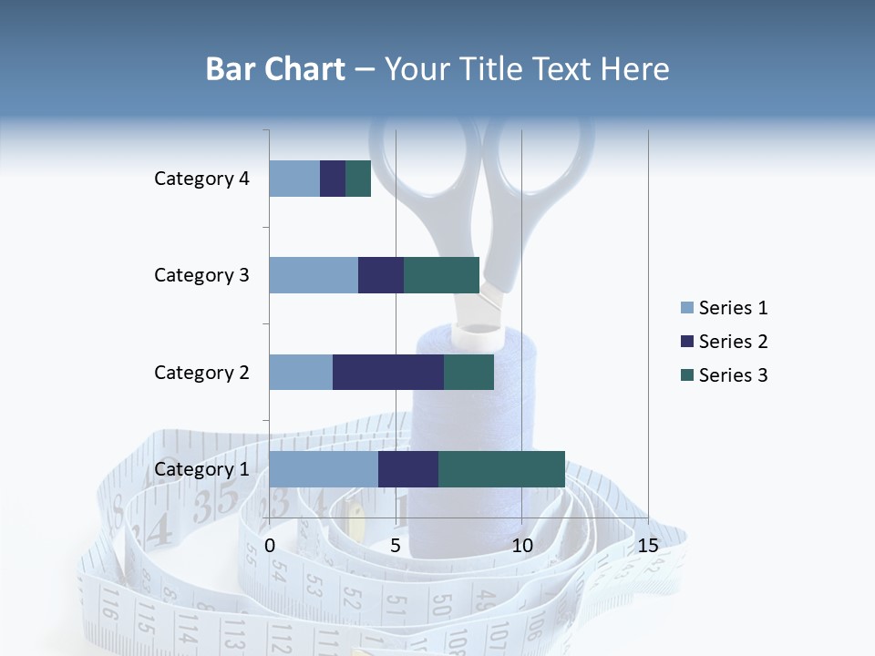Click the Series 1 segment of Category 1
(324, 469)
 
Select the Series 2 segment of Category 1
(408, 469)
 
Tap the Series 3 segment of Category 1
(501, 469)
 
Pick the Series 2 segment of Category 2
(388, 372)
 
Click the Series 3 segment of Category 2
(468, 372)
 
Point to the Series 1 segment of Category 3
(314, 275)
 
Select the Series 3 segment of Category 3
(441, 275)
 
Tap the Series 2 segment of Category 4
(333, 179)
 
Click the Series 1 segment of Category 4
(294, 179)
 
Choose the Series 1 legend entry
(725, 308)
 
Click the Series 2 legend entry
(725, 342)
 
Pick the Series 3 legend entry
(725, 375)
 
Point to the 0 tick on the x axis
(270, 546)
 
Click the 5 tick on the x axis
(396, 546)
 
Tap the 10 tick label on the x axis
(521, 546)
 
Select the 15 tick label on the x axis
(648, 546)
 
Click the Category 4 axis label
(201, 179)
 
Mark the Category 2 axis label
(201, 372)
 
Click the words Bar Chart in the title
(275, 69)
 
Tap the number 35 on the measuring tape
(216, 500)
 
